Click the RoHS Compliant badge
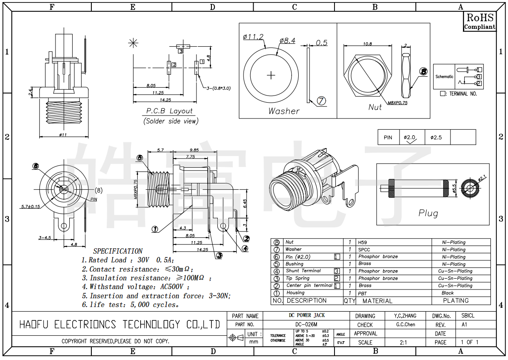tap(480, 21)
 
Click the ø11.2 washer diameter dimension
tap(253, 37)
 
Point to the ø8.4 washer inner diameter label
tap(287, 40)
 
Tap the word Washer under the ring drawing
tap(284, 111)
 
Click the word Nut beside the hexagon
tap(375, 107)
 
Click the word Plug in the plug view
tap(428, 213)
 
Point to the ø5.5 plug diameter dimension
tap(455, 189)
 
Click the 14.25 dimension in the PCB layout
tap(166, 100)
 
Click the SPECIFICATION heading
tap(118, 251)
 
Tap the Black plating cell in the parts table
tap(448, 293)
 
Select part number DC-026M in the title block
tap(307, 325)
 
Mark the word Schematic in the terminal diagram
tap(444, 77)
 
